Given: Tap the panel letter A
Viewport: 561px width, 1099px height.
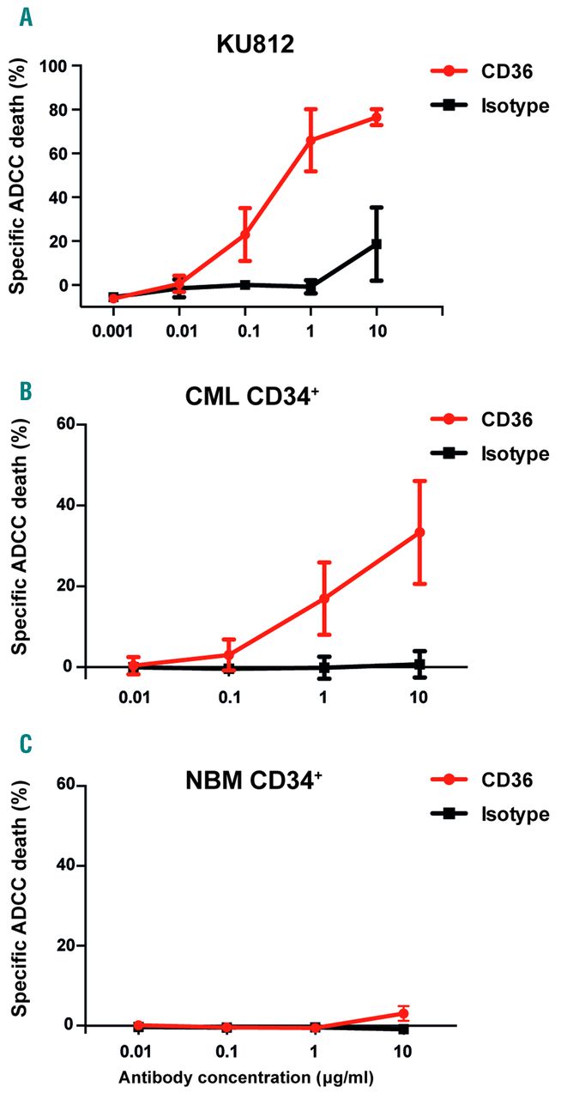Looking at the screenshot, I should [x=27, y=16].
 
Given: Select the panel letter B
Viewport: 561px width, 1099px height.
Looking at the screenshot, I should [x=27, y=391].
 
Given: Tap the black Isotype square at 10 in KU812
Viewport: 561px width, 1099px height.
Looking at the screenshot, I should [x=376, y=244].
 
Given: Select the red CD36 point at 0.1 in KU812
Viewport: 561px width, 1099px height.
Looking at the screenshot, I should [x=245, y=234].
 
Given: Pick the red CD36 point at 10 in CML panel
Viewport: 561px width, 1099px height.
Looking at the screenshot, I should [x=419, y=532].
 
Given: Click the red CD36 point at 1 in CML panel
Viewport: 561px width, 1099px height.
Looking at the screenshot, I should [x=324, y=598].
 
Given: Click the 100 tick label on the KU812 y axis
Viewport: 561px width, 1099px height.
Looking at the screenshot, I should [x=57, y=66].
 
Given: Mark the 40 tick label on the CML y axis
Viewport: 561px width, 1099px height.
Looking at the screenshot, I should [x=63, y=505].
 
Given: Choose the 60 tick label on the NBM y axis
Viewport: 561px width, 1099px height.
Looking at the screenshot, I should [x=63, y=785].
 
